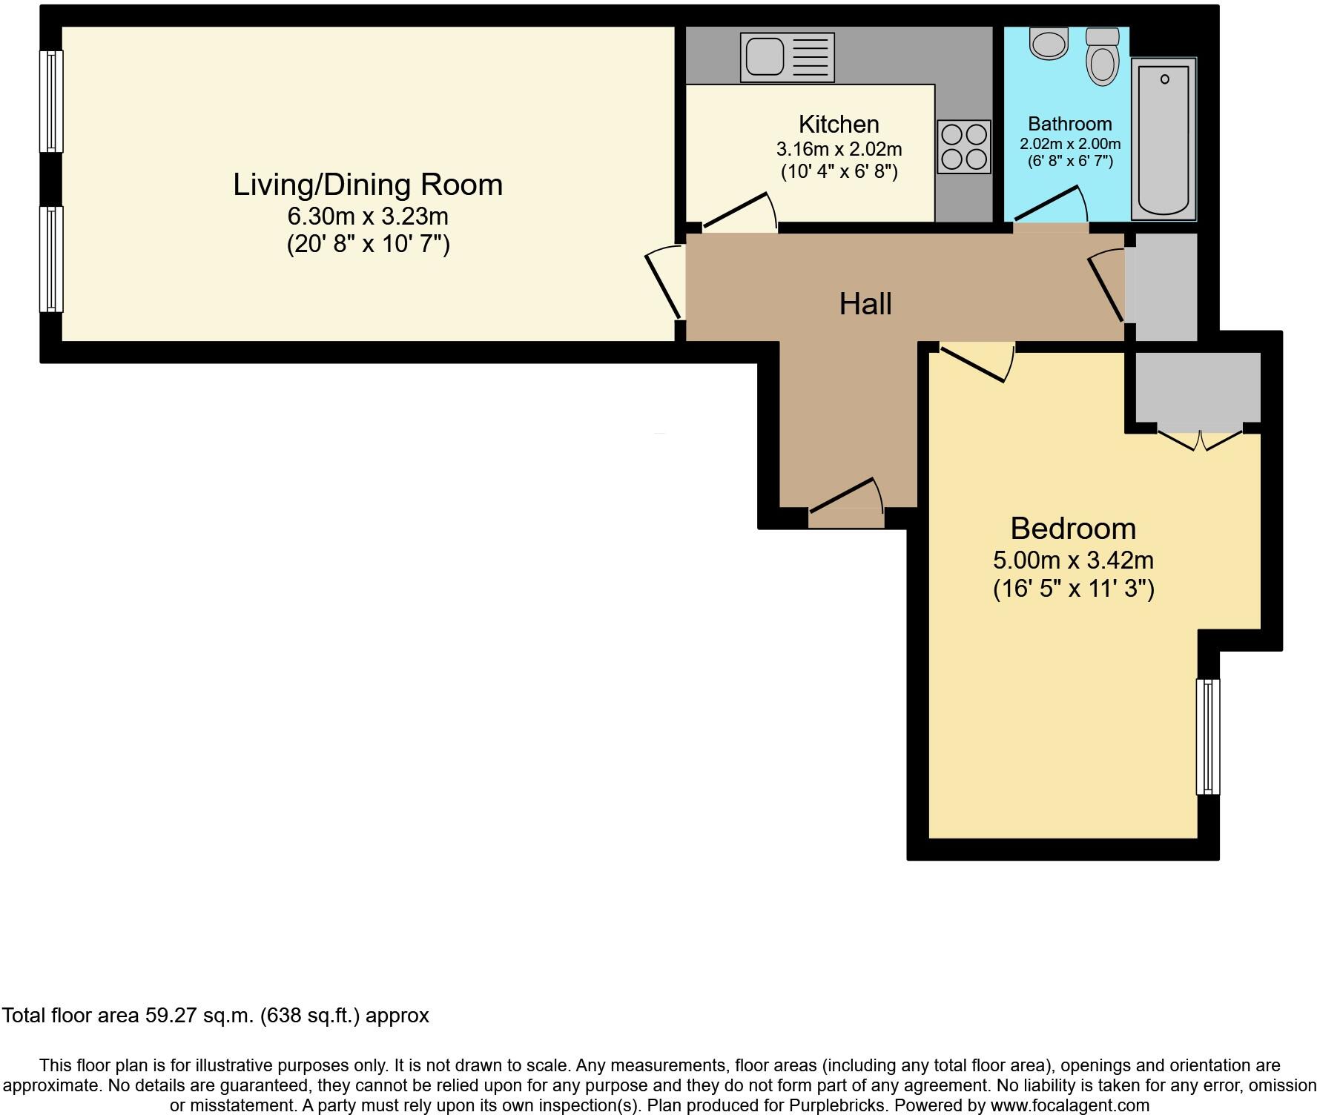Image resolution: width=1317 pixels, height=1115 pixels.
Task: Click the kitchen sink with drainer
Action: pyautogui.click(x=787, y=57)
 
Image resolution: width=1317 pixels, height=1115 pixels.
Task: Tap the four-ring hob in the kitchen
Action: pyautogui.click(x=963, y=146)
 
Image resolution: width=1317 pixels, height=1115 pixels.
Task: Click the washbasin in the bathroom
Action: pyautogui.click(x=1049, y=43)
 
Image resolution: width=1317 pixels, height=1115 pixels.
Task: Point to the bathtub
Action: pyautogui.click(x=1163, y=139)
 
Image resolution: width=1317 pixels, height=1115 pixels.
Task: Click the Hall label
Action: pyautogui.click(x=865, y=304)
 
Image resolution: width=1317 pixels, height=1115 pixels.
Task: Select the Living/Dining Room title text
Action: pyautogui.click(x=368, y=185)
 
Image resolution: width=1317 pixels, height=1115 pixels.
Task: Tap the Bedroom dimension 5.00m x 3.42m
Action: pyautogui.click(x=1072, y=560)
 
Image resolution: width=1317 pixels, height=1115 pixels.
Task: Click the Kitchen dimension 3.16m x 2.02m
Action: pyautogui.click(x=839, y=149)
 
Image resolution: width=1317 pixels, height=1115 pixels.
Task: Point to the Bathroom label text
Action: pyautogui.click(x=1069, y=124)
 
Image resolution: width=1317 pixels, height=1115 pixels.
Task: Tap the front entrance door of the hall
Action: pyautogui.click(x=846, y=499)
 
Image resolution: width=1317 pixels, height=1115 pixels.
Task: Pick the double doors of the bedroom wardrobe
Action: pyautogui.click(x=1199, y=440)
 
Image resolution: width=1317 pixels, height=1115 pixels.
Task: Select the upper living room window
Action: pyautogui.click(x=51, y=102)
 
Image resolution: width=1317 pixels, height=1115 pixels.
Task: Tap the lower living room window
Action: pyautogui.click(x=51, y=259)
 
